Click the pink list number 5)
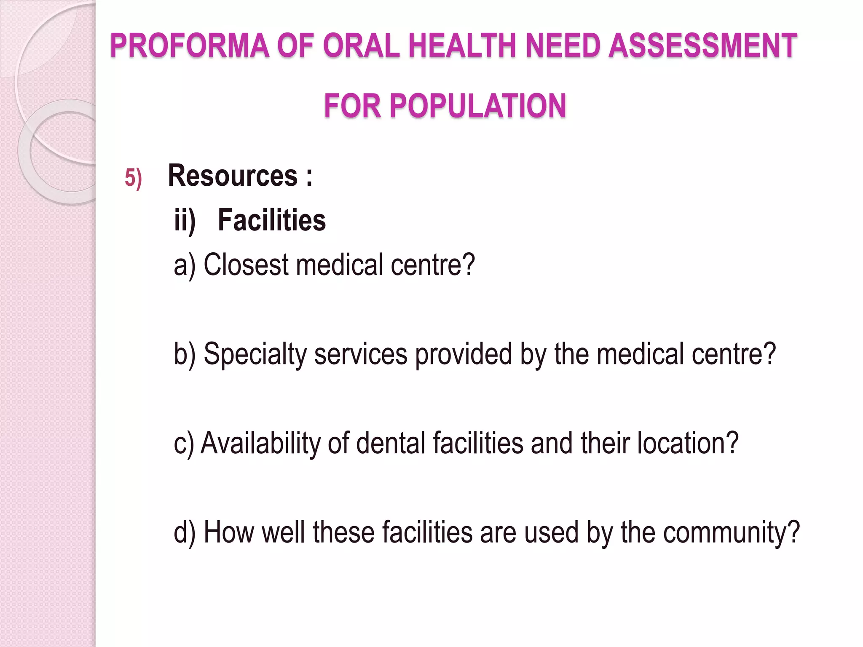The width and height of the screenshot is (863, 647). point(133,178)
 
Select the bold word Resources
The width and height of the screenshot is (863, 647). point(233,176)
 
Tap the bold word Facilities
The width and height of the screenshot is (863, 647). point(272,220)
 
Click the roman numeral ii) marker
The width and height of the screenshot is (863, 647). point(185,220)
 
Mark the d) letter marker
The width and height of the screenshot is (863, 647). point(185,532)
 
